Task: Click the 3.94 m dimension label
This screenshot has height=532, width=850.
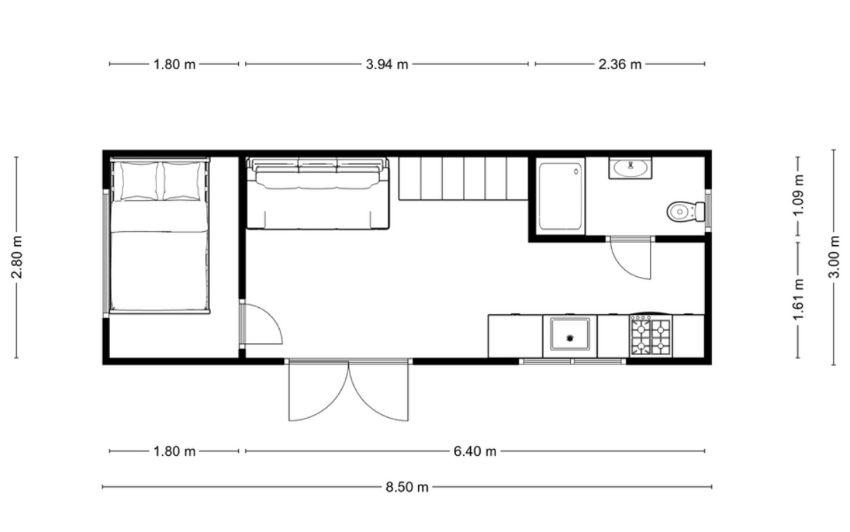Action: tap(387, 65)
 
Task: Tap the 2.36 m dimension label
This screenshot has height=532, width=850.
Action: tap(620, 65)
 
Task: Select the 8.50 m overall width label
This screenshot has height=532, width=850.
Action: tap(407, 487)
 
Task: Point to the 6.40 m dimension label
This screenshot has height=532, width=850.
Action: tap(475, 452)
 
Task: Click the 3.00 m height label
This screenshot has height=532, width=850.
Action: tap(834, 257)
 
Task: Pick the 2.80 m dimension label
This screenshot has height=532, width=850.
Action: tap(17, 257)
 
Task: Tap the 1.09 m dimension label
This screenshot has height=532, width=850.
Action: tap(799, 194)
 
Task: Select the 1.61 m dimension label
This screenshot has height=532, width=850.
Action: tap(799, 299)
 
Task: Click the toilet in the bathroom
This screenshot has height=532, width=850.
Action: tap(686, 211)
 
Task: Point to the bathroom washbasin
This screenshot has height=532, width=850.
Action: tap(630, 168)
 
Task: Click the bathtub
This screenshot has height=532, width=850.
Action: tap(560, 196)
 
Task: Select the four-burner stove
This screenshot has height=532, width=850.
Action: tap(651, 336)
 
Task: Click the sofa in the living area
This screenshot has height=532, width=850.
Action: tap(318, 193)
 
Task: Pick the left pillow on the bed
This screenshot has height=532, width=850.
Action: tap(139, 180)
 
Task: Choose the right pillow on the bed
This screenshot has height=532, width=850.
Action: tap(181, 180)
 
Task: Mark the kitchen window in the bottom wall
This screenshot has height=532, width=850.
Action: tap(572, 361)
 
